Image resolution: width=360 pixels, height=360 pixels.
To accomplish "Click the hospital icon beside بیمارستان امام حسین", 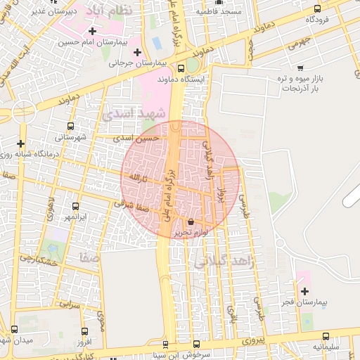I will (x=92, y=31).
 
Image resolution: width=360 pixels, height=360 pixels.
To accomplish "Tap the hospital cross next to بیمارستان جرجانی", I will (x=137, y=52).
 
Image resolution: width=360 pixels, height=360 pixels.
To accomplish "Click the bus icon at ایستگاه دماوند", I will (x=181, y=69).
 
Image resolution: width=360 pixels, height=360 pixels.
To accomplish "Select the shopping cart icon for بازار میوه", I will (x=301, y=68).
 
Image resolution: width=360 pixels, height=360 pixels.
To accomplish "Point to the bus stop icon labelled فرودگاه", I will (x=317, y=9).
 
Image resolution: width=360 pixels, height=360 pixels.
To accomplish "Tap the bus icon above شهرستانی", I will (x=60, y=126).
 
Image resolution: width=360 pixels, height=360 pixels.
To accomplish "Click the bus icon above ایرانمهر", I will (x=76, y=206).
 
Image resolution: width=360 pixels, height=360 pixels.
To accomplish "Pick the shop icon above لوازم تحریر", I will (x=191, y=222).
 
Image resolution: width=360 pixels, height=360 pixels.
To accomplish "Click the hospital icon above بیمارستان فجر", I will (x=304, y=291).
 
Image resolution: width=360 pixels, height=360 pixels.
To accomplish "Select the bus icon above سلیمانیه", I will (x=326, y=336).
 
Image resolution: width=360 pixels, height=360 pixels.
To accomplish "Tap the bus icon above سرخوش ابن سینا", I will (x=197, y=344).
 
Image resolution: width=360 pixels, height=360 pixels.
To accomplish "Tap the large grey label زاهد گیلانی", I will (x=226, y=262).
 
